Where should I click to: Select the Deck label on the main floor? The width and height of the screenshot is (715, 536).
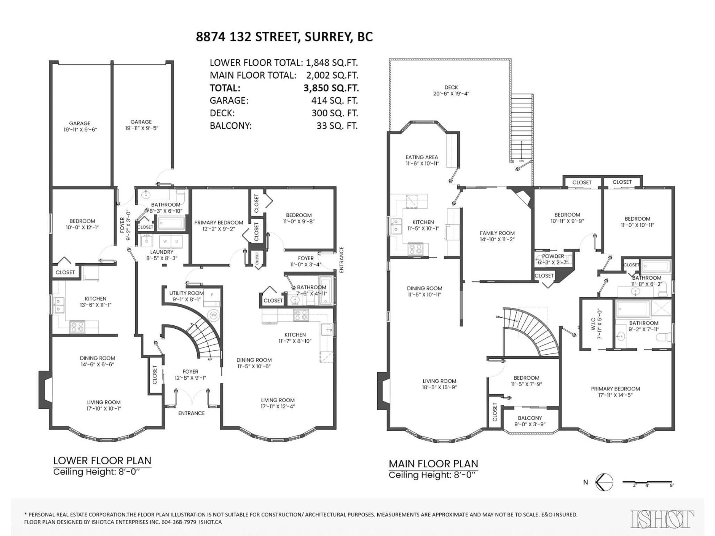[x=451, y=87]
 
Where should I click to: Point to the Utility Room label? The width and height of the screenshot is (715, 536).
[x=187, y=293]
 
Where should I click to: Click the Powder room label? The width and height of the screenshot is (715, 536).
[x=553, y=256]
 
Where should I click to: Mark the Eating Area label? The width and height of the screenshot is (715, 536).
[x=422, y=157]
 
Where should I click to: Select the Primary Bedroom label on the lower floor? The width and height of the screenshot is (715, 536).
[x=219, y=223]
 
